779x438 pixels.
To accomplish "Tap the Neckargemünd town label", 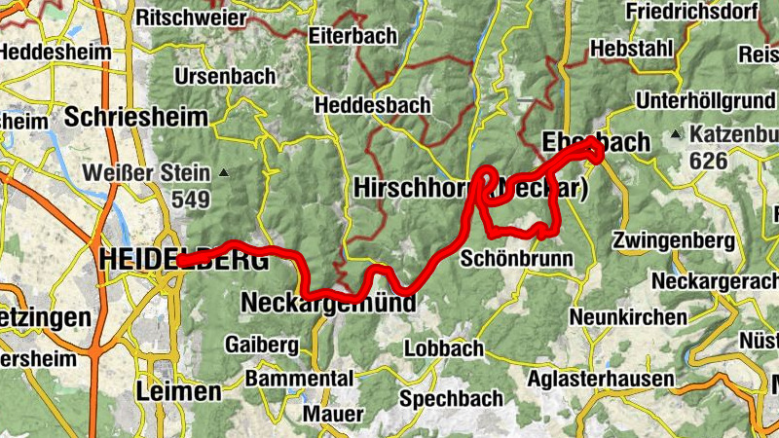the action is [x=327, y=304].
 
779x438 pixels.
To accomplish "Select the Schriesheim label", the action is [x=136, y=118].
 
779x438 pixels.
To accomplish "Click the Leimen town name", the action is [x=179, y=392].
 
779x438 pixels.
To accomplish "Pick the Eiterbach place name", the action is [x=352, y=36].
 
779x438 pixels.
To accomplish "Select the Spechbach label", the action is [x=452, y=398].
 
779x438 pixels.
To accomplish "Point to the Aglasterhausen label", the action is [x=601, y=380].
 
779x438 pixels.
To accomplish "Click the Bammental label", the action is [x=299, y=378].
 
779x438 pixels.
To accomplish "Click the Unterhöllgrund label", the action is [x=704, y=100].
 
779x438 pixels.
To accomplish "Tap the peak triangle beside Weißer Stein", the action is [x=224, y=173].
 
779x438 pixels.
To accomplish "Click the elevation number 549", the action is [x=191, y=200].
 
